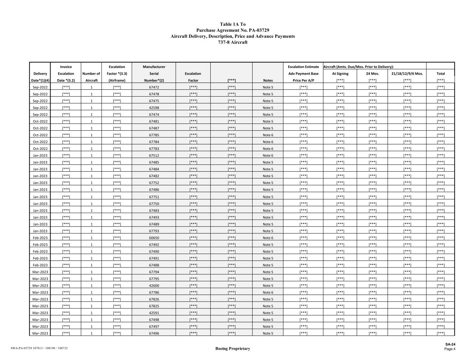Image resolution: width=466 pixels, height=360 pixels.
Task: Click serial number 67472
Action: point(154,87)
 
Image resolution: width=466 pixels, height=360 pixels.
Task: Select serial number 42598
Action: point(154,107)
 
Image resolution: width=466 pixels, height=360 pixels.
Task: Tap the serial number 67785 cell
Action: point(154,135)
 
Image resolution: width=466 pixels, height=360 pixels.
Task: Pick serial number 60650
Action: point(154,238)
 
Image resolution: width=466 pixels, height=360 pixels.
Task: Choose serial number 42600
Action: point(154,286)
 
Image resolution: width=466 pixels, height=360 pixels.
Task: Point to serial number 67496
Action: point(154,333)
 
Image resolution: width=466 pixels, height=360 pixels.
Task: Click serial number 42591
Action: point(154,313)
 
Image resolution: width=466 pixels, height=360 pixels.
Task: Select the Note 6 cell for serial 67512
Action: point(268,155)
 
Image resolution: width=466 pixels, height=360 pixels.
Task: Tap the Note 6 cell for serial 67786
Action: point(268,292)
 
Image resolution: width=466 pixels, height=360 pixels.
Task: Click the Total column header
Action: point(440,73)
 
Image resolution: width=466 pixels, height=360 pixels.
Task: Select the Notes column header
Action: point(268,81)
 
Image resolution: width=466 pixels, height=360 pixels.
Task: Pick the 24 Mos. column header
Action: point(372,73)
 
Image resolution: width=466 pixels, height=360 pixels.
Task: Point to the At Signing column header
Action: point(340,73)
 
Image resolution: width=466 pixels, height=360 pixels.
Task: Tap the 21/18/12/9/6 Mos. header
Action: point(407,73)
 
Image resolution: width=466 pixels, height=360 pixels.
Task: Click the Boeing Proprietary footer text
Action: point(232,348)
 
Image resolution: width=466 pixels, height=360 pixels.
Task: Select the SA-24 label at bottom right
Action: point(450,344)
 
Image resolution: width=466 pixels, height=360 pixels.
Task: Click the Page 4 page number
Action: point(450,349)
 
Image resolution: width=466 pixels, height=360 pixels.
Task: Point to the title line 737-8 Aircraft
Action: point(232,42)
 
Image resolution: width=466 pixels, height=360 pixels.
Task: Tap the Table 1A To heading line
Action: point(232,24)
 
